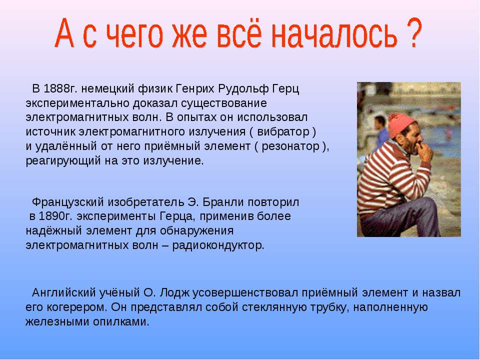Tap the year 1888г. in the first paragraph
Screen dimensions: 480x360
(x=60, y=89)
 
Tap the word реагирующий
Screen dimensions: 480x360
(x=63, y=161)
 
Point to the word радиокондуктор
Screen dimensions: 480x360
(x=218, y=245)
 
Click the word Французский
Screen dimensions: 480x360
(x=68, y=202)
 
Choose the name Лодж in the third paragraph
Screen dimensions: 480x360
(x=174, y=293)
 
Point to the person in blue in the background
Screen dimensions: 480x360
(x=380, y=131)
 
